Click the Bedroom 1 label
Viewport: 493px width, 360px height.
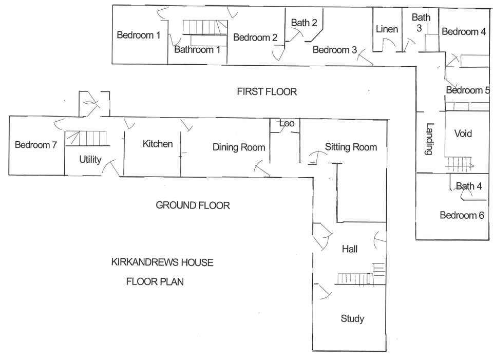tap(139, 35)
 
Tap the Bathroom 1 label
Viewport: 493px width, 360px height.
tap(197, 50)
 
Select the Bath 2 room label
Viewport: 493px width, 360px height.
tap(304, 23)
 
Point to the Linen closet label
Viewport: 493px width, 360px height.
tap(387, 29)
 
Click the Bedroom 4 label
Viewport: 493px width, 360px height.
tap(464, 32)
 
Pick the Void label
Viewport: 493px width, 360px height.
tap(463, 134)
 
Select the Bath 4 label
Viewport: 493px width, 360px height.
tap(469, 186)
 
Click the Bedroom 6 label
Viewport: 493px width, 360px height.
tap(462, 215)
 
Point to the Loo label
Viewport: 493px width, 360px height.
tap(287, 124)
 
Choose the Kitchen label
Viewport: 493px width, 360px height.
tap(158, 144)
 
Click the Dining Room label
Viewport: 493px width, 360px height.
tap(239, 147)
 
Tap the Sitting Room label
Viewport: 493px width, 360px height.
tap(351, 147)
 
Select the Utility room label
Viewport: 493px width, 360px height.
tap(90, 160)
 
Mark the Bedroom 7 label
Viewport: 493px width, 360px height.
tap(36, 145)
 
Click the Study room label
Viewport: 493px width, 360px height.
tap(352, 318)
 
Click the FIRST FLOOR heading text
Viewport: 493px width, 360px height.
tap(267, 92)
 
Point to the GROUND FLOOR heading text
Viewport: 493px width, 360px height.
tap(193, 205)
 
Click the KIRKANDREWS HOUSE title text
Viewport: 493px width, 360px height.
tap(162, 262)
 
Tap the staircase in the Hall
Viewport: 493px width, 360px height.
tap(354, 279)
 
